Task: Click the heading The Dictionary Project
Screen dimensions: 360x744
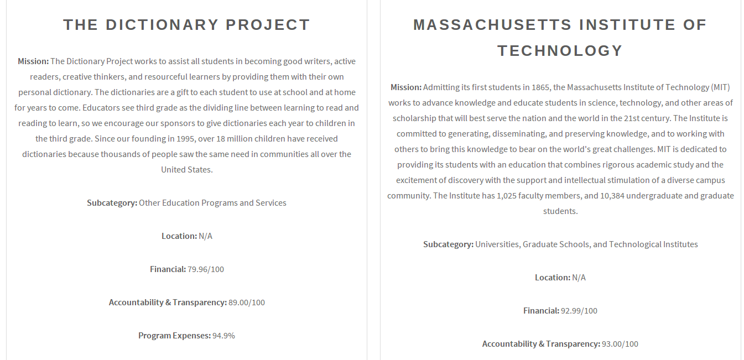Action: click(186, 25)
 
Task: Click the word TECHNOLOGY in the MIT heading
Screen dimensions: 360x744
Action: click(560, 51)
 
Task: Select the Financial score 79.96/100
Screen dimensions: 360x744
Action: click(206, 269)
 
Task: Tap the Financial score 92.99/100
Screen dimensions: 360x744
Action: click(579, 311)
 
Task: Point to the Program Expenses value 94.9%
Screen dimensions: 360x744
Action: click(223, 336)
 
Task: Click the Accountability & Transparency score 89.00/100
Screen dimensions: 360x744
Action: click(247, 302)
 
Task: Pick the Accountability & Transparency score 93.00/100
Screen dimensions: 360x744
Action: click(620, 344)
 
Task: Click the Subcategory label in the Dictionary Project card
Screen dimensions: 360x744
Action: click(112, 203)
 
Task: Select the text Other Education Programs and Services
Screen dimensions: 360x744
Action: click(212, 203)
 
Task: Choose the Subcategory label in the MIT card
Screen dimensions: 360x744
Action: click(448, 244)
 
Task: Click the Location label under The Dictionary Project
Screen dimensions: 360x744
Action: click(179, 236)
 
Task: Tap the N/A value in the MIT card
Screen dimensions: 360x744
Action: click(579, 278)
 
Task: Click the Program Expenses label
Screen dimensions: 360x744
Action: click(174, 336)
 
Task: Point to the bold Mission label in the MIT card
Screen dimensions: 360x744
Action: click(406, 87)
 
